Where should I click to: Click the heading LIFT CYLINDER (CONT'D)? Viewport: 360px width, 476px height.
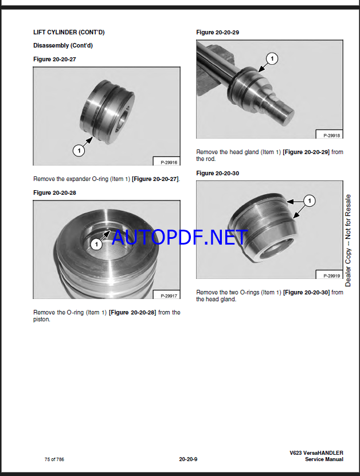pos(69,32)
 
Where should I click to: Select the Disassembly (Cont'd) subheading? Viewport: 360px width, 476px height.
pos(63,45)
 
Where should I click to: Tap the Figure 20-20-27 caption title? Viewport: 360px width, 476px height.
pos(54,59)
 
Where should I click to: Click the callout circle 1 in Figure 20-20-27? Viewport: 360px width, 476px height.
pos(79,150)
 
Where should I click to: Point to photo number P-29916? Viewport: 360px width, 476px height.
pos(169,163)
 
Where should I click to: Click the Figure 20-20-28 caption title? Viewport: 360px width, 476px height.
pos(54,193)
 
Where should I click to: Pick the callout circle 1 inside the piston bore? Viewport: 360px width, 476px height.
pos(97,244)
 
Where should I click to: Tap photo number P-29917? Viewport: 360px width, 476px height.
pos(169,296)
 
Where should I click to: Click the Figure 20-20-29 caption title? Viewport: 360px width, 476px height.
pos(217,33)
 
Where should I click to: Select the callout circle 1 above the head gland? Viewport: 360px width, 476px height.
pos(272,58)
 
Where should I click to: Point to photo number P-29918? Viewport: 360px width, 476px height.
pos(332,135)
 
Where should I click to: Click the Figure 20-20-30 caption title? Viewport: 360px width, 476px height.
pos(217,174)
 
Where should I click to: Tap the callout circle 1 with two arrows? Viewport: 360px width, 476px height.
pos(310,200)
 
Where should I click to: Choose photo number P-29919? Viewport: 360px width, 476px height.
pos(332,276)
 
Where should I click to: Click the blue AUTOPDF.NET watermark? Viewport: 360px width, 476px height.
pos(180,237)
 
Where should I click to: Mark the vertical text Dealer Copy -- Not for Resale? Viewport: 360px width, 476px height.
pos(348,241)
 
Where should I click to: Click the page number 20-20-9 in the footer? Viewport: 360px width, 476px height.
pos(188,459)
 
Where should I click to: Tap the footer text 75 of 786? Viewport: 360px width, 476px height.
pos(54,459)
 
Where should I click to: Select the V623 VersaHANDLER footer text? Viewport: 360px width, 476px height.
pos(316,453)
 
